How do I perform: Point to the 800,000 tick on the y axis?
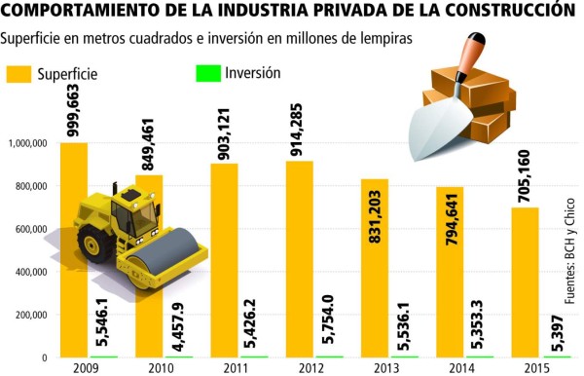tap(30, 186)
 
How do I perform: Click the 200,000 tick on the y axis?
tap(30, 315)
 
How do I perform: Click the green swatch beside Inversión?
tap(208, 74)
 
